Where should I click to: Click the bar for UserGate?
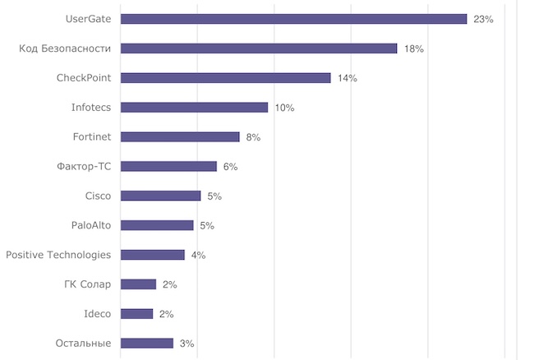click(293, 19)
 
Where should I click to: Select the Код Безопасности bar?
click(258, 48)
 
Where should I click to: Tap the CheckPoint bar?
click(225, 78)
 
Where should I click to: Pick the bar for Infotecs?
click(194, 108)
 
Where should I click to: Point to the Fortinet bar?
click(180, 137)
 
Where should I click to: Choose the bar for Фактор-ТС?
click(168, 167)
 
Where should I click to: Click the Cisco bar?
click(160, 196)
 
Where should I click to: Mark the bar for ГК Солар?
click(138, 284)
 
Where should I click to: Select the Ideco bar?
click(136, 314)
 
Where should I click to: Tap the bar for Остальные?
click(147, 344)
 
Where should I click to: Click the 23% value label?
click(483, 19)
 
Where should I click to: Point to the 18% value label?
click(413, 48)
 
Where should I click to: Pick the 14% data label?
click(347, 78)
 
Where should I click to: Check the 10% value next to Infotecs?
click(284, 108)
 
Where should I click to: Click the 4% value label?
click(198, 255)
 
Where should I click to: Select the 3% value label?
click(186, 344)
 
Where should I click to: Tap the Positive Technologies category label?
click(58, 255)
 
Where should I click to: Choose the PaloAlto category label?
click(91, 225)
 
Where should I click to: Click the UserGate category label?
click(87, 19)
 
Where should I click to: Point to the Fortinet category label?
click(92, 137)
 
